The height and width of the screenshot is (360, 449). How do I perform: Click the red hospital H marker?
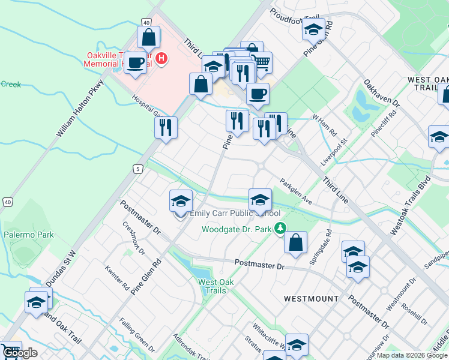(x=161, y=58)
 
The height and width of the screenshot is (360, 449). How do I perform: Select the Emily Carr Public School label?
(x=235, y=213)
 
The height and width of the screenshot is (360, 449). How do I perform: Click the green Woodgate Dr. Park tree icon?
(x=280, y=228)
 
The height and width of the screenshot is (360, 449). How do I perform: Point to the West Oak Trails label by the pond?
(x=212, y=286)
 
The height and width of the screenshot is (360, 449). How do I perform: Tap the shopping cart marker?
(x=261, y=62)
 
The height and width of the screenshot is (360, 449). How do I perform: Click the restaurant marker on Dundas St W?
(x=165, y=127)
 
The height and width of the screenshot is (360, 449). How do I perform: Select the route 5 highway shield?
(x=139, y=169)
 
